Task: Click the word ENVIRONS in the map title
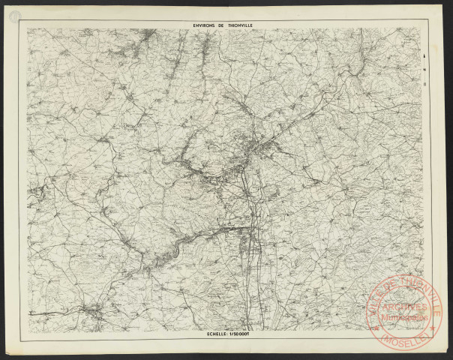pos(204,25)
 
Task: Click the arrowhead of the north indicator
pos(425,56)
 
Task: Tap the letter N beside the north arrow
pos(425,68)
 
